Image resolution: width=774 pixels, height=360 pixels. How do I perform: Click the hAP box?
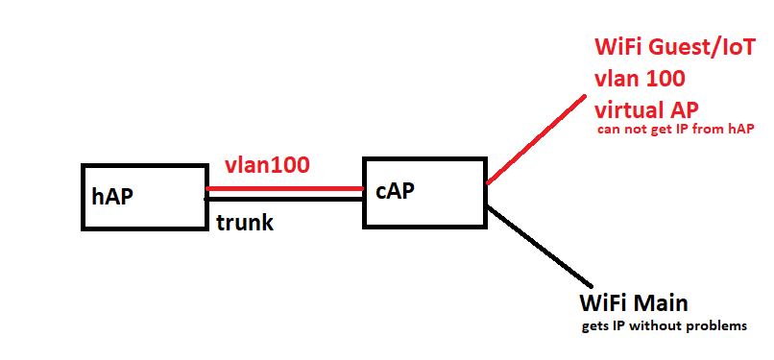point(144,197)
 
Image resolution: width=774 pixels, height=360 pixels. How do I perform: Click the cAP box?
point(423,192)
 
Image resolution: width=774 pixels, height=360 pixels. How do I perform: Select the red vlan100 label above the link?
point(266,164)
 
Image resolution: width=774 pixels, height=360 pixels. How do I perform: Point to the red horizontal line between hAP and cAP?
point(284,189)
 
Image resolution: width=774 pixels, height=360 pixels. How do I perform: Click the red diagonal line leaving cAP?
point(538,138)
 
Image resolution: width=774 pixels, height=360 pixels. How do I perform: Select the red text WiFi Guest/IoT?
point(676,48)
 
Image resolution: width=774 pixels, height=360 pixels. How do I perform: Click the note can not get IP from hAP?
point(675,132)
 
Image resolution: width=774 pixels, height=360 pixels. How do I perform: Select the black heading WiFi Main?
point(634,303)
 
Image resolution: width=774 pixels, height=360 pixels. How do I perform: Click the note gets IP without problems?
point(664,326)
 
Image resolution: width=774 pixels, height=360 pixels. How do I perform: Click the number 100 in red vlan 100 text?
point(671,79)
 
